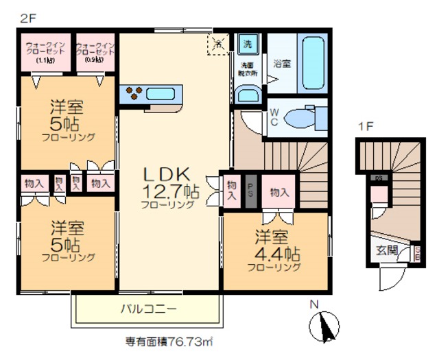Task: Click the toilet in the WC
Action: click(x=300, y=117)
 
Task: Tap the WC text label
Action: click(x=273, y=116)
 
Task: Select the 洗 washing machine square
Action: click(x=248, y=44)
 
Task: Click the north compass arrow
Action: click(x=325, y=326)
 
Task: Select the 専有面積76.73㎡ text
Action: click(x=169, y=340)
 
